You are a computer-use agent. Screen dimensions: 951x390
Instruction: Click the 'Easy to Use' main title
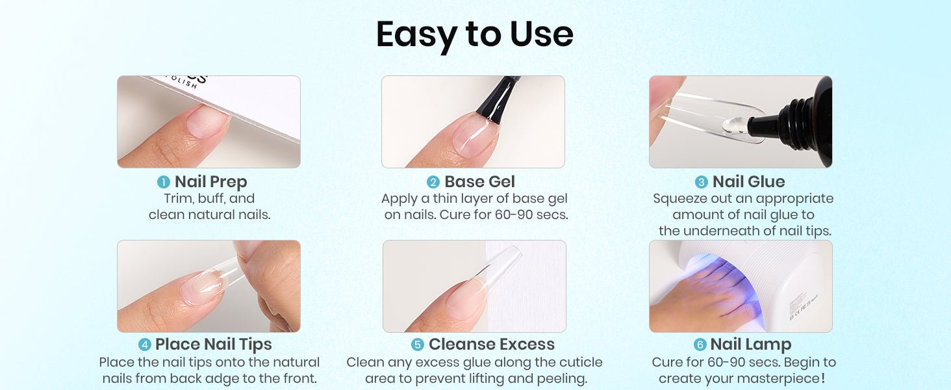475,35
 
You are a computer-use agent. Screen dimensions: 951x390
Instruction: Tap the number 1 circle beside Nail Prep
164,182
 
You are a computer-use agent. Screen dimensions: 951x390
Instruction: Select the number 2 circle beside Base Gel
433,182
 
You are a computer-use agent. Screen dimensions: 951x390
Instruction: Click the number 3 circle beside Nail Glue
702,182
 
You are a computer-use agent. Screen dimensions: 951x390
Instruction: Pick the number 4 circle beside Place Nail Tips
145,344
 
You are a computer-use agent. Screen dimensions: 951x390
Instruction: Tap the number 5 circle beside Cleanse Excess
418,344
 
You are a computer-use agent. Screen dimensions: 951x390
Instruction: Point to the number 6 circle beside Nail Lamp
700,344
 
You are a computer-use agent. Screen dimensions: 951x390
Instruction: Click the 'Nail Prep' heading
211,182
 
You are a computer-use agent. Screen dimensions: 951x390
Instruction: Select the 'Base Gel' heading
480,182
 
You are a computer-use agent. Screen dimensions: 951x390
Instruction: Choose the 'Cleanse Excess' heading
492,344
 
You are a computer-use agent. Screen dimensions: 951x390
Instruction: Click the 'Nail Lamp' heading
751,344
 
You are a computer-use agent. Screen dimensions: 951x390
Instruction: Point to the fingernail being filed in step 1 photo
207,121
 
